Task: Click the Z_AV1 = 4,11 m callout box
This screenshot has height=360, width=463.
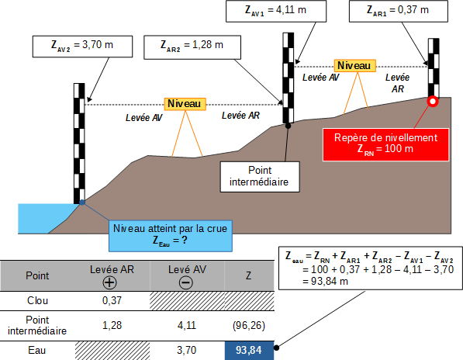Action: tap(276, 11)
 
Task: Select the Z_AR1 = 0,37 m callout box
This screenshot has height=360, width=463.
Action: tap(399, 11)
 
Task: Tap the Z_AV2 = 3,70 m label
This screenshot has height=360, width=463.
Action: tap(82, 47)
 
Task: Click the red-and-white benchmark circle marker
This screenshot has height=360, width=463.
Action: tap(433, 102)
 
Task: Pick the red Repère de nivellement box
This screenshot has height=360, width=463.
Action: tap(386, 144)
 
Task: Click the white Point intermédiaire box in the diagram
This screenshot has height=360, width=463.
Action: tap(260, 177)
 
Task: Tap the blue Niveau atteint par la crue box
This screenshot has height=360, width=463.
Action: tap(171, 236)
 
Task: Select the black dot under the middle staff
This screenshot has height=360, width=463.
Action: tap(288, 126)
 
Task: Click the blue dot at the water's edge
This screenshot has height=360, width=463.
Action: tap(82, 202)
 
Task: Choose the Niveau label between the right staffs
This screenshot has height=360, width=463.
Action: tap(354, 66)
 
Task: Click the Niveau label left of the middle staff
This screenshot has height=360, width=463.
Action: tap(185, 104)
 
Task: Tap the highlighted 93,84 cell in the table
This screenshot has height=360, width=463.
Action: tap(249, 351)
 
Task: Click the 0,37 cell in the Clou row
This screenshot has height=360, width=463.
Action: tap(112, 300)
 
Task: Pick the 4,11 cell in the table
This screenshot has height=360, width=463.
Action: tap(187, 325)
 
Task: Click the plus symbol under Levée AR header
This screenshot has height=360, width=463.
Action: tap(109, 282)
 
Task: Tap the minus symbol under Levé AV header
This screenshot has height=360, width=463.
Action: tap(186, 282)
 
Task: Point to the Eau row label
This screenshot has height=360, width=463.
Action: tap(37, 350)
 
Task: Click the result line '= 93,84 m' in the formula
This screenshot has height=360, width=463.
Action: tap(325, 282)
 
